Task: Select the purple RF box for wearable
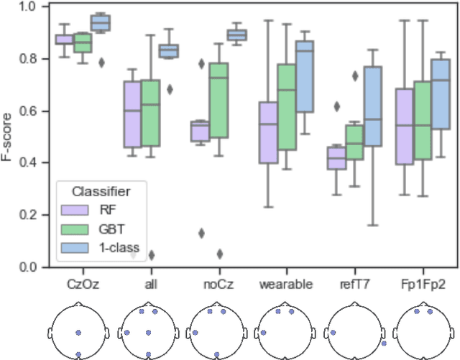[268, 132]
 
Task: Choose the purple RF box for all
[132, 114]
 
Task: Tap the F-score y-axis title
[9, 137]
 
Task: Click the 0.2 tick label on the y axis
[34, 215]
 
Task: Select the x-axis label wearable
[285, 285]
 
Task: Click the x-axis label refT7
[356, 285]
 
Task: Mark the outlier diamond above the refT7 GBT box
[355, 75]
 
